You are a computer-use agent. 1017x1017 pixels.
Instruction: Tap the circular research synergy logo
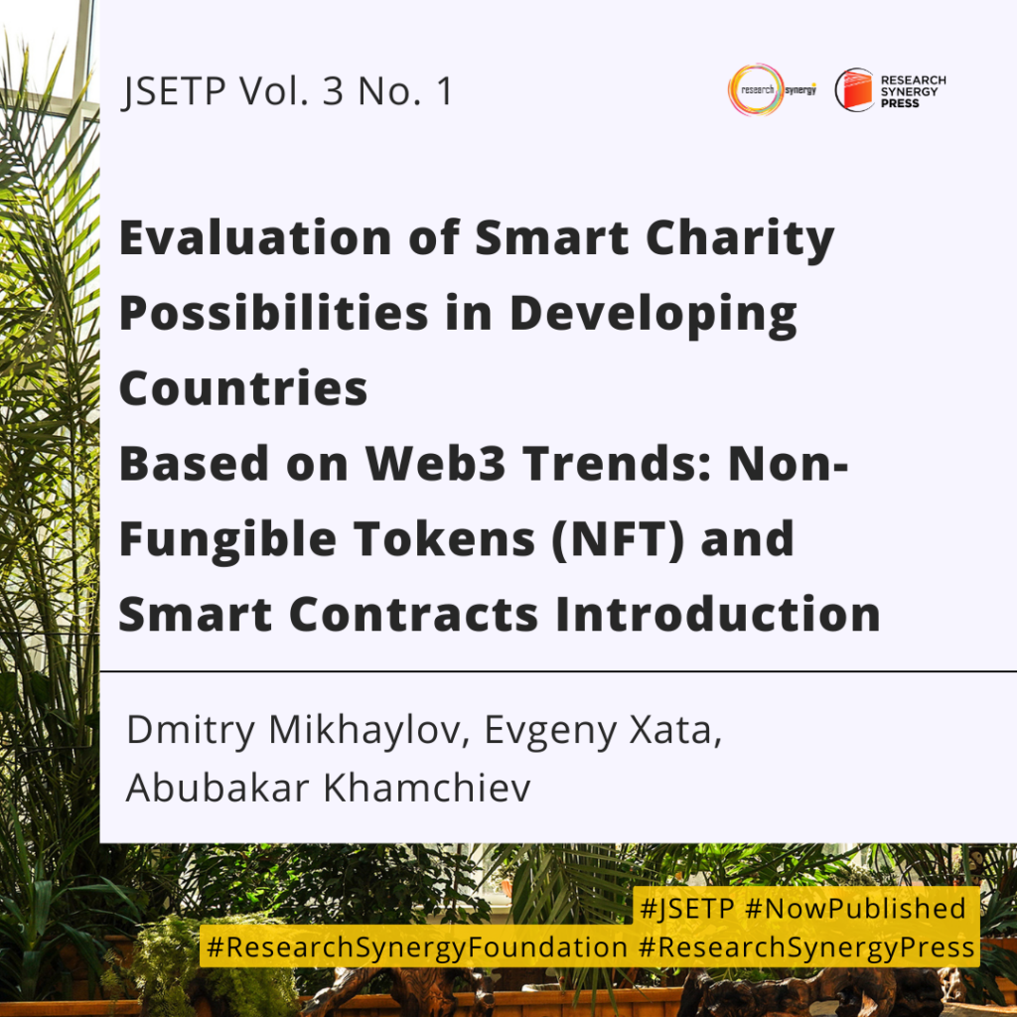756,89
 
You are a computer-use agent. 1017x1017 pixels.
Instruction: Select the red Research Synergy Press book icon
855,89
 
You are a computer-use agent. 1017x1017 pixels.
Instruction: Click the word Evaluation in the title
255,237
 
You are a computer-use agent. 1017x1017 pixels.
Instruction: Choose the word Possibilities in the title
274,313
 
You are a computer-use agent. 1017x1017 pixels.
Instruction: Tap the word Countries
243,388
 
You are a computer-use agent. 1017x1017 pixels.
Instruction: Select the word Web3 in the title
435,463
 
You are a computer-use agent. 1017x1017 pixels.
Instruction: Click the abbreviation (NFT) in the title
618,539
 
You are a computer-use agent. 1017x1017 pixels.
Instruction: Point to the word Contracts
414,614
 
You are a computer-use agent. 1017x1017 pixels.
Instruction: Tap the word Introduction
718,614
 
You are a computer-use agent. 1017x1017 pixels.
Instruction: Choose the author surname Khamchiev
427,788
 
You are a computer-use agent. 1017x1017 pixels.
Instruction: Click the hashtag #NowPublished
855,909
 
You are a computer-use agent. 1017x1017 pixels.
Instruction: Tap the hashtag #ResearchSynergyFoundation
417,947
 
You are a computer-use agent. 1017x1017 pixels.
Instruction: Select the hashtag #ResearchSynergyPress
806,947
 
